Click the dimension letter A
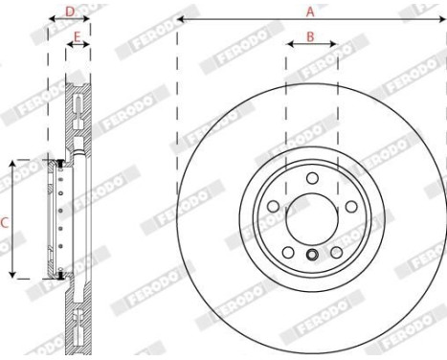click(309, 11)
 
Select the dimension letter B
click(310, 35)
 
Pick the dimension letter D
click(69, 11)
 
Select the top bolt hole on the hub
click(312, 179)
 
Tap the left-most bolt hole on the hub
click(275, 205)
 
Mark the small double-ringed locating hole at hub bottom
click(312, 255)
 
